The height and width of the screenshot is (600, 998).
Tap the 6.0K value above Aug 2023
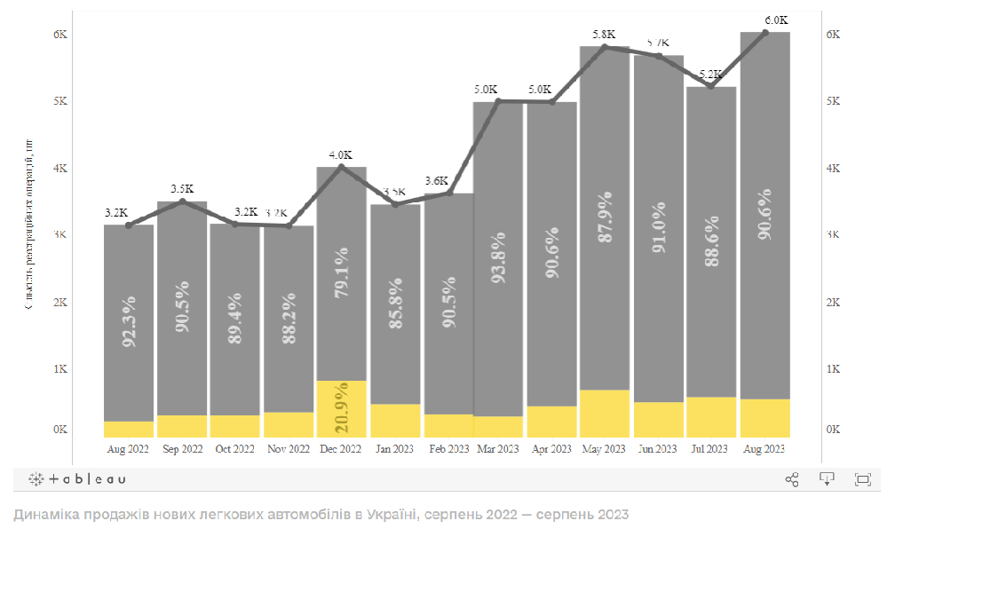(x=776, y=20)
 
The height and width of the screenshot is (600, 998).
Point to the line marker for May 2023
(x=605, y=47)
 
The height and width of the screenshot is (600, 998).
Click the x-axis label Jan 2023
(x=394, y=449)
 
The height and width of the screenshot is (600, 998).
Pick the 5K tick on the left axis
(x=60, y=101)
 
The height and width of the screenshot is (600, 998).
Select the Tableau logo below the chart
(x=77, y=479)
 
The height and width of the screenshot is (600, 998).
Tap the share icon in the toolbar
(x=792, y=479)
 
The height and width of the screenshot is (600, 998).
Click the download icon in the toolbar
(x=827, y=479)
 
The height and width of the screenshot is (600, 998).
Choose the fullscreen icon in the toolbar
(x=862, y=479)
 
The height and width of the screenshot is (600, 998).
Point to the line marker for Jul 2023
(x=711, y=85)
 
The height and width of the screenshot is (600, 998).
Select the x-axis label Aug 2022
(x=128, y=449)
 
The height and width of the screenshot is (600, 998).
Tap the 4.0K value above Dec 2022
(x=341, y=154)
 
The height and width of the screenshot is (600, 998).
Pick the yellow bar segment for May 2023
(x=605, y=414)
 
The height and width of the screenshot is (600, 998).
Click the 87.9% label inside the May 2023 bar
(x=606, y=217)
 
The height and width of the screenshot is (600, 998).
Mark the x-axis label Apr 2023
(x=551, y=449)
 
